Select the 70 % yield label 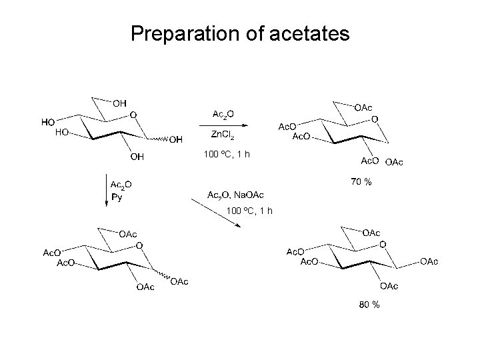coord(361,182)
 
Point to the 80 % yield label coord(369,305)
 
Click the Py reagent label coord(116,198)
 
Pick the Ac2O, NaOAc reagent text coord(236,195)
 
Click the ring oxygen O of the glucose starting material coord(133,115)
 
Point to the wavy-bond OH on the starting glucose coord(175,139)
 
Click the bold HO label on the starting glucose coord(48,122)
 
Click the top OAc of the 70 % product coord(363,107)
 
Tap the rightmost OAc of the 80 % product coord(429,261)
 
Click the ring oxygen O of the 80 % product coord(382,245)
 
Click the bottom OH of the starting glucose coord(137,157)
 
